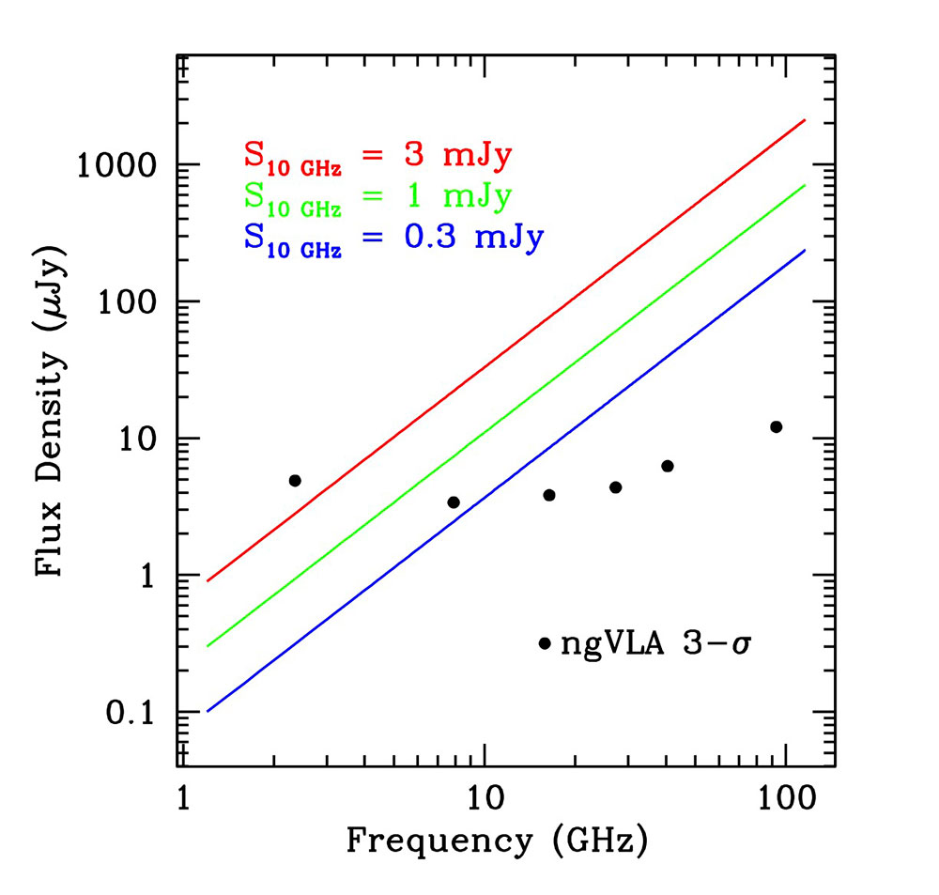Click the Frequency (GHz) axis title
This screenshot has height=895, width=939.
(x=498, y=840)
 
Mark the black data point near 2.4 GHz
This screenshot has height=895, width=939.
(x=295, y=481)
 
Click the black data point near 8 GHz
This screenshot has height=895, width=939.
(x=454, y=502)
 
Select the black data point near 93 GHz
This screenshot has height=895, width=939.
(x=776, y=427)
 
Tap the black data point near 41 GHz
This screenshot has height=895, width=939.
(x=668, y=466)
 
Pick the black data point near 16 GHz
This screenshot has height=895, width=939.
(x=549, y=495)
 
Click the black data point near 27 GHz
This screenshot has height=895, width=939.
(x=615, y=487)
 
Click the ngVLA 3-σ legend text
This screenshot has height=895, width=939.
(x=657, y=643)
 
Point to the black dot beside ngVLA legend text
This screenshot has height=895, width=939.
(x=545, y=643)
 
